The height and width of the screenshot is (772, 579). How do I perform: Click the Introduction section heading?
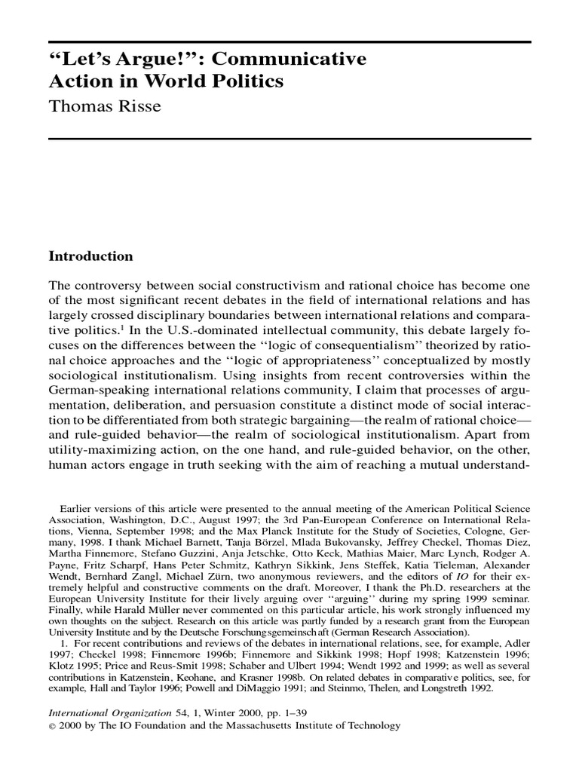point(90,256)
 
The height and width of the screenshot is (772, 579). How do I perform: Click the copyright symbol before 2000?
point(52,726)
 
